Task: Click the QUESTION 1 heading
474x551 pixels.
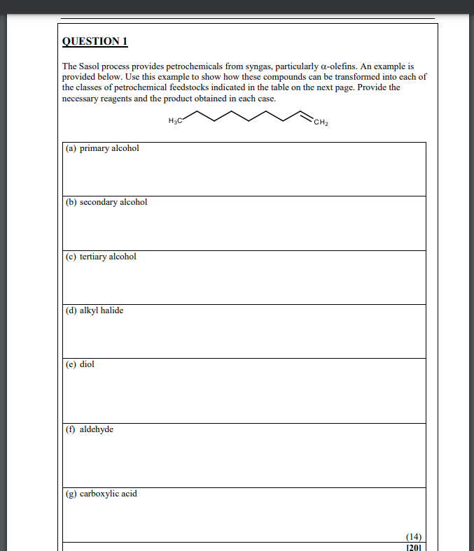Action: click(x=95, y=41)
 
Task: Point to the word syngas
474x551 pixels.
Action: click(x=261, y=65)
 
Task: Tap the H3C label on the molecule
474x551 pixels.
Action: click(x=175, y=122)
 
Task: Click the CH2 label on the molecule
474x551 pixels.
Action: click(x=321, y=124)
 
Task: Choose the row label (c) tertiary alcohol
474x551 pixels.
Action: click(x=101, y=257)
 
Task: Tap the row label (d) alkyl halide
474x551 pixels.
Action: click(x=95, y=310)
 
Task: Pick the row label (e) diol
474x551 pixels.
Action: click(x=80, y=364)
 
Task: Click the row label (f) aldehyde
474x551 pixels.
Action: click(x=90, y=429)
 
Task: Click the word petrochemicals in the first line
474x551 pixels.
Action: click(x=186, y=65)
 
